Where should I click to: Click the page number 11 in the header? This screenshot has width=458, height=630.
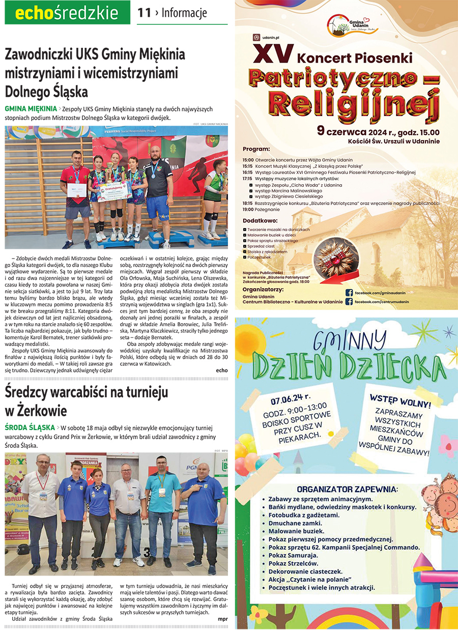[145, 13]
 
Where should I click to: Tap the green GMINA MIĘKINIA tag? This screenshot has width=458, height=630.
[31, 108]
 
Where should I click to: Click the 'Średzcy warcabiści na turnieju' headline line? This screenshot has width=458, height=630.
[87, 393]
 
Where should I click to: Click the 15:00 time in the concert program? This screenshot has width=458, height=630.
[248, 160]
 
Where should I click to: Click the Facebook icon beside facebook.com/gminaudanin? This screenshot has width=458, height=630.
[349, 293]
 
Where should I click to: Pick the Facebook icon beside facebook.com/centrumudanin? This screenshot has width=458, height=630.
[349, 302]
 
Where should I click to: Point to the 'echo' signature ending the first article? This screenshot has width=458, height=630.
[221, 370]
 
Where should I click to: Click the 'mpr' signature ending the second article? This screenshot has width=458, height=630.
[222, 619]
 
